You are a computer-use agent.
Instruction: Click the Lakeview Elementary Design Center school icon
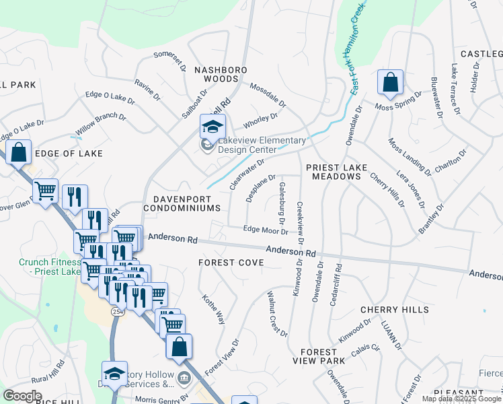212,127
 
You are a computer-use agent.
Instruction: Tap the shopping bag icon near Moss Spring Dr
390,83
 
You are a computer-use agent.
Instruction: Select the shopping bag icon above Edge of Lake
19,152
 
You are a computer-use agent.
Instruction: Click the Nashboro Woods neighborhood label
221,74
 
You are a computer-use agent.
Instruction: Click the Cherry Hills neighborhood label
394,310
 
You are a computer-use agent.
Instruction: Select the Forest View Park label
319,356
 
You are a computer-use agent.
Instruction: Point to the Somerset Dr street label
169,61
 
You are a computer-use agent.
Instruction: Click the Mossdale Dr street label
268,96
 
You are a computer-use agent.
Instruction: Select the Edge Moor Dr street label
265,230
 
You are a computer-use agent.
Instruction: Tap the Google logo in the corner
22,395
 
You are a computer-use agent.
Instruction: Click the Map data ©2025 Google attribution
461,399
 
